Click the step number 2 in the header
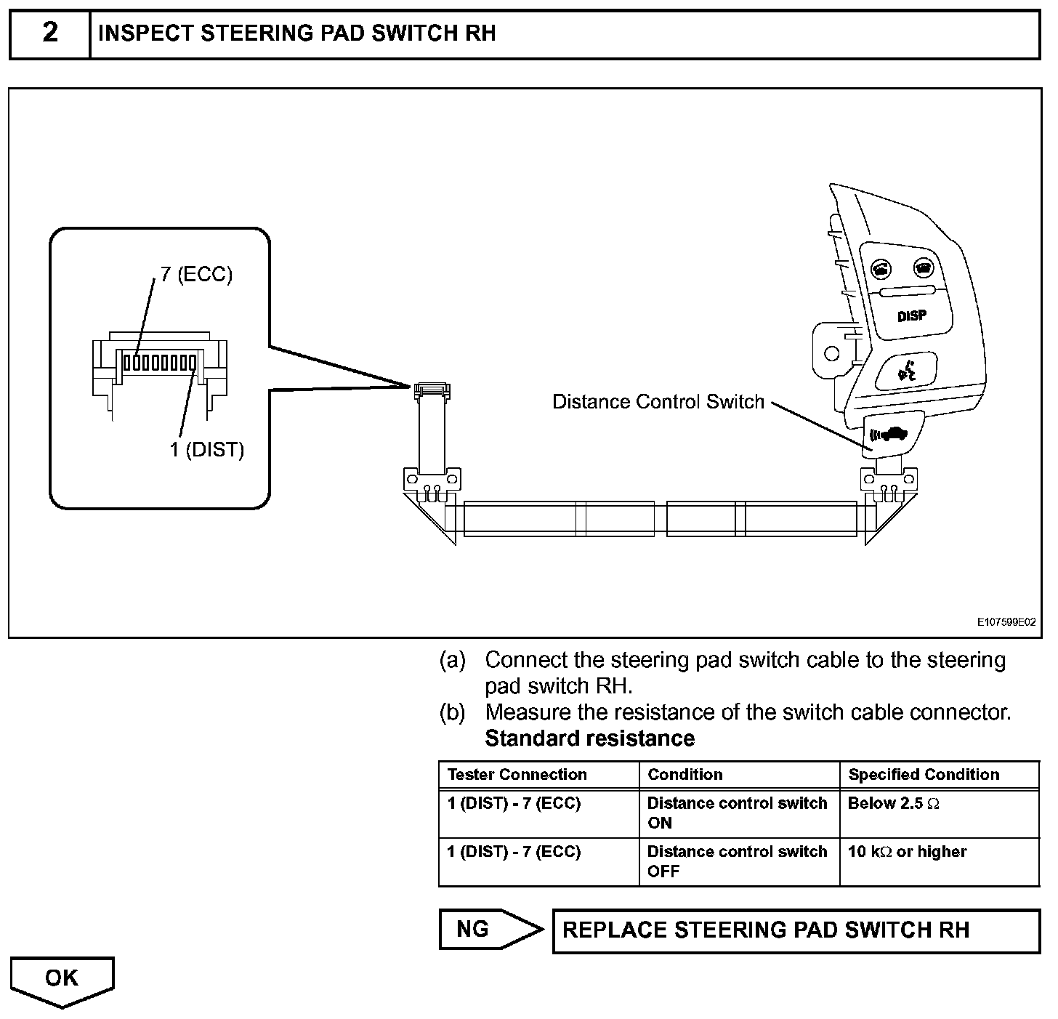pos(49,33)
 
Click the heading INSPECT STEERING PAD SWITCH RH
pos(296,33)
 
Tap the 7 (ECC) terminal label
pos(196,275)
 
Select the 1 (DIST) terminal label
pos(207,450)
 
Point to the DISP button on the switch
pos(912,316)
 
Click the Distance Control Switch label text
pos(658,402)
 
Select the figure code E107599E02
pos(1006,622)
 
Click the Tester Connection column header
pos(517,775)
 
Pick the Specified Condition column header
pos(924,775)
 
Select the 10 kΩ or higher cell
pos(908,852)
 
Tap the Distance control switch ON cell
pos(737,813)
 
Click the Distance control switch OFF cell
pos(737,861)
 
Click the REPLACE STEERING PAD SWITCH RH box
pos(796,930)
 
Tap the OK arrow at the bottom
pos(62,979)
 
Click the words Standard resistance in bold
pos(589,738)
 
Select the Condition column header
pos(685,775)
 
